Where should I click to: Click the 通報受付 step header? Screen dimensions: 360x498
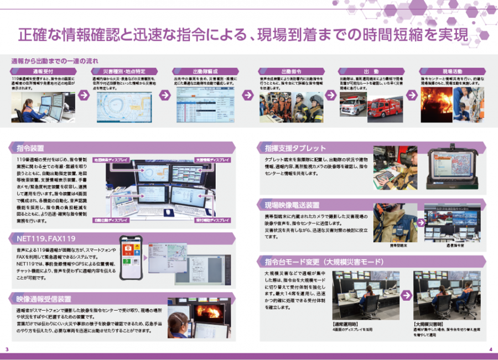43,72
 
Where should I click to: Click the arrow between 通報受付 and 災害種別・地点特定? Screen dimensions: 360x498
84,95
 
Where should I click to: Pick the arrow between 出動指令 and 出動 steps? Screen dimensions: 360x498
331,95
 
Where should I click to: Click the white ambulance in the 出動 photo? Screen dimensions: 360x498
352,105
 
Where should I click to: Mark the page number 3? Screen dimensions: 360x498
7,349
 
